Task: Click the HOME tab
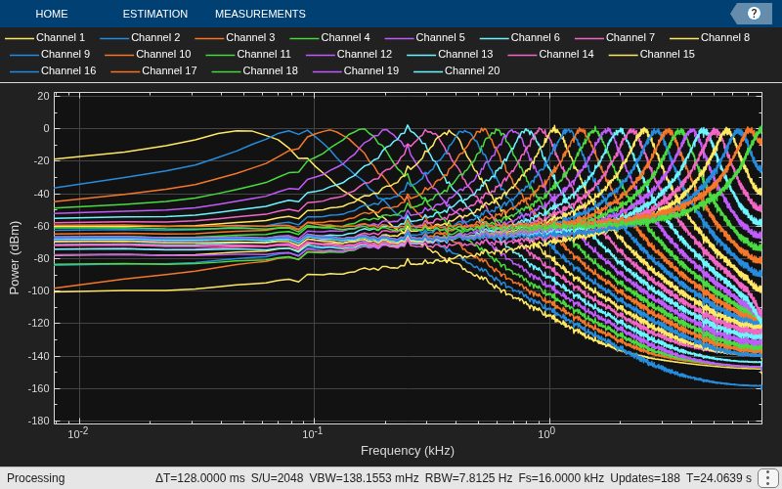point(52,14)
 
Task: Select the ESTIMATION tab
point(155,14)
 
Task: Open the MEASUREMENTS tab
point(260,14)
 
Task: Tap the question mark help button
point(754,14)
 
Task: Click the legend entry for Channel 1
point(45,37)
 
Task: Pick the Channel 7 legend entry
point(615,37)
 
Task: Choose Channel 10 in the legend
point(148,54)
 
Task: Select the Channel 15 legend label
point(651,54)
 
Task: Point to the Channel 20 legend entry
point(456,70)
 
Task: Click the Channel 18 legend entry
point(254,70)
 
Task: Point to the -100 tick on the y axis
point(39,290)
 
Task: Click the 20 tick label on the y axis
point(43,96)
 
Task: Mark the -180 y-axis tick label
point(39,421)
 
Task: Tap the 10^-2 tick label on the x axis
point(78,433)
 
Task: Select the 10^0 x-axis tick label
point(546,433)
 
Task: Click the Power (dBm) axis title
point(15,257)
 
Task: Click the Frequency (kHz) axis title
point(408,451)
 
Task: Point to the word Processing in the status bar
point(35,478)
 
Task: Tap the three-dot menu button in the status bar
point(766,478)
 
